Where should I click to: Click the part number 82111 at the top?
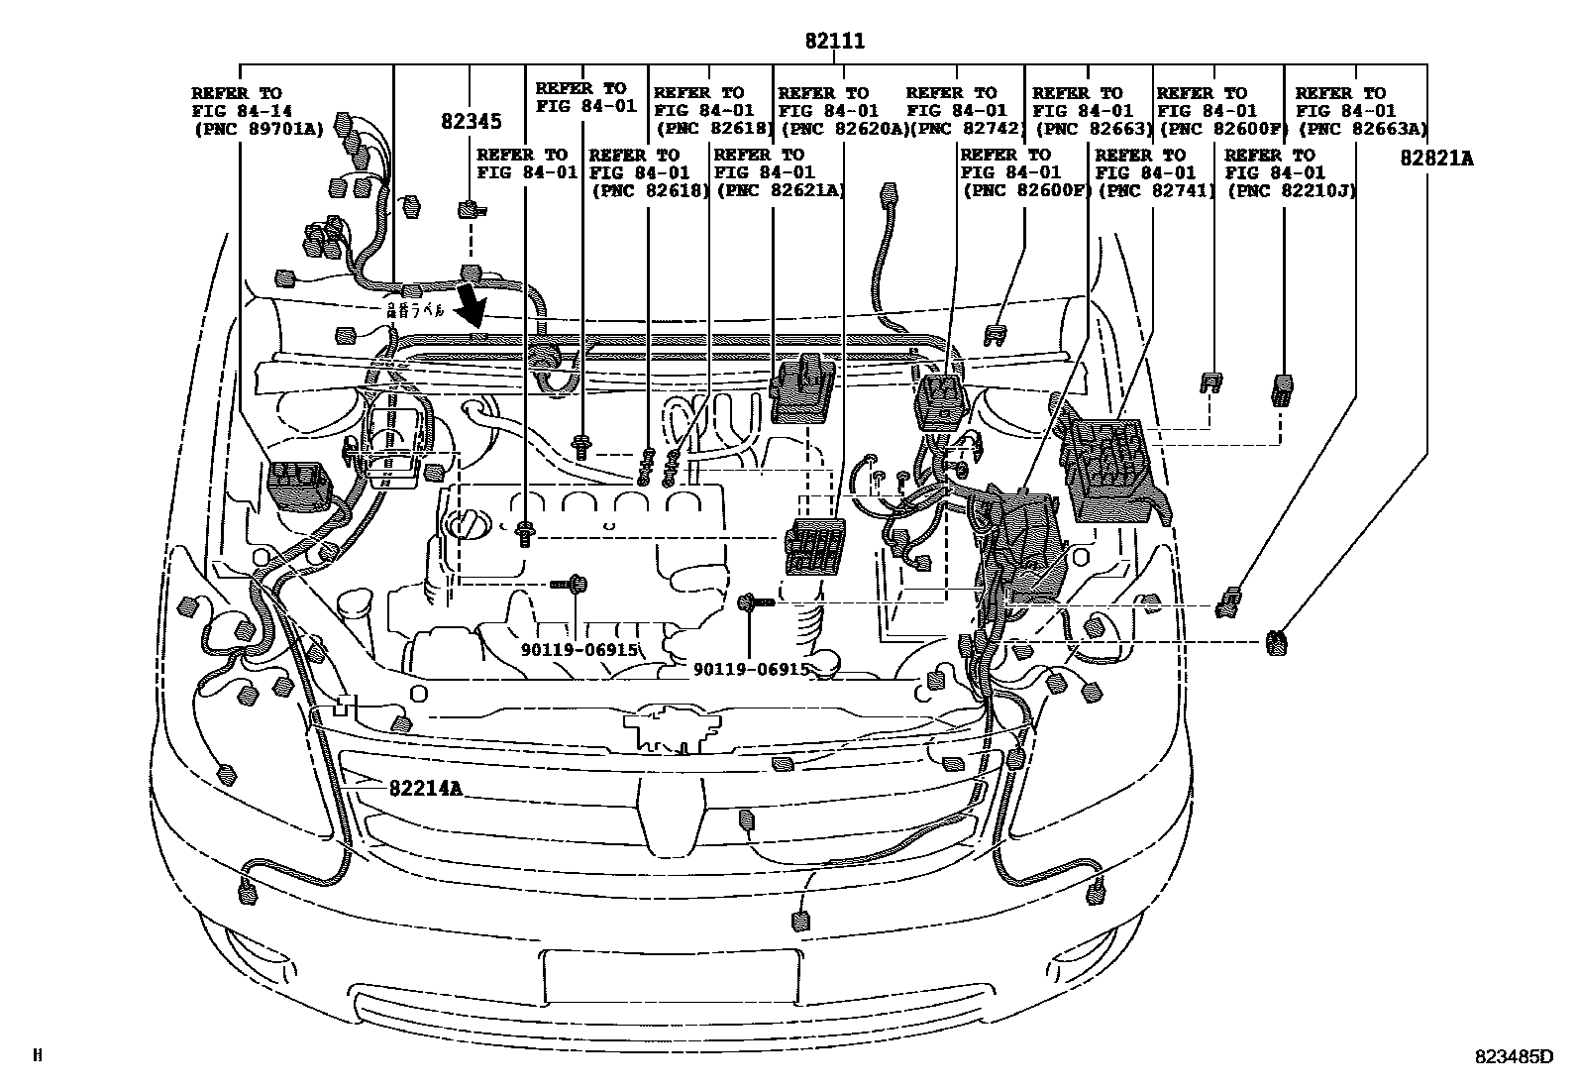[835, 42]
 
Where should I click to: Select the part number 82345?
[471, 121]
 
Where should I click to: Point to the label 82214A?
[425, 788]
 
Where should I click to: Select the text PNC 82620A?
[843, 128]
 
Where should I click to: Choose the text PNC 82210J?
[1291, 189]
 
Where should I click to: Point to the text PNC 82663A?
[1362, 128]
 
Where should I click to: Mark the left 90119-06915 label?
[580, 649]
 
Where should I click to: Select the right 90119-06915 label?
[751, 669]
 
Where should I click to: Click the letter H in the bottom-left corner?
[38, 1056]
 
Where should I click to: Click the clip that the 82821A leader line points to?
[1275, 642]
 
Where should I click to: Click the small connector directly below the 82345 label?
[468, 209]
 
